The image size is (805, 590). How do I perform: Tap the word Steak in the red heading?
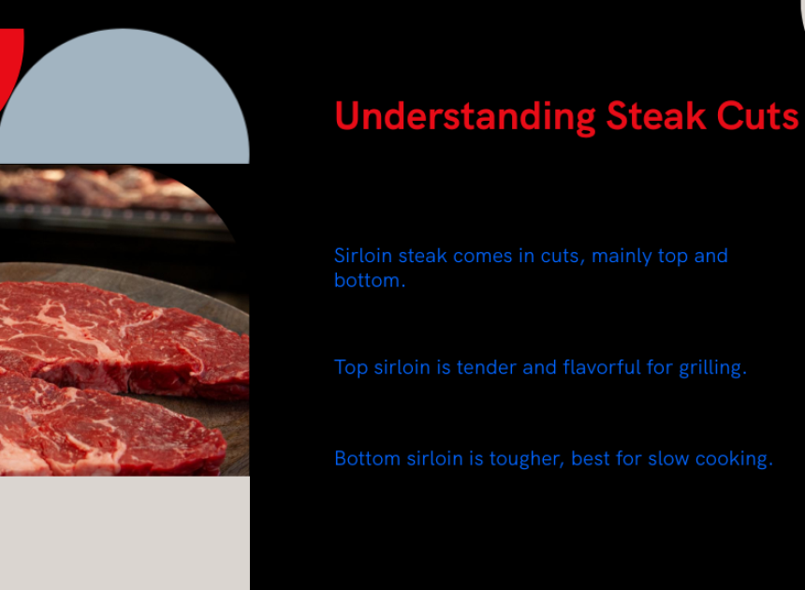655,115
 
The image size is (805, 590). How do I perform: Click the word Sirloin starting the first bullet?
363,256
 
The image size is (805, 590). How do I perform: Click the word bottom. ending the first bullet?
370,280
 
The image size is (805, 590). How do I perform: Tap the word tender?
486,367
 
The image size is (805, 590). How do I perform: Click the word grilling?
712,368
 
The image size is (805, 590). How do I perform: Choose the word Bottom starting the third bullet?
367,458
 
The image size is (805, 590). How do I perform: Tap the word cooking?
734,459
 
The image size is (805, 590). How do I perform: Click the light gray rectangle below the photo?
124,533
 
